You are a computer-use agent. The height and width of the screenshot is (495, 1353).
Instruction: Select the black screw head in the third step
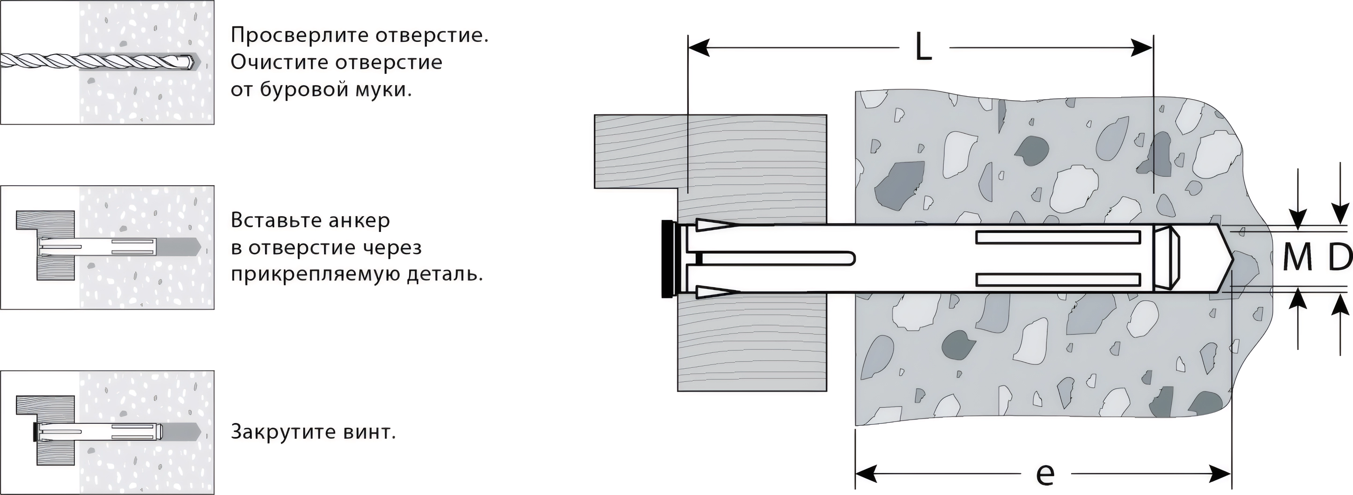(35, 432)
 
